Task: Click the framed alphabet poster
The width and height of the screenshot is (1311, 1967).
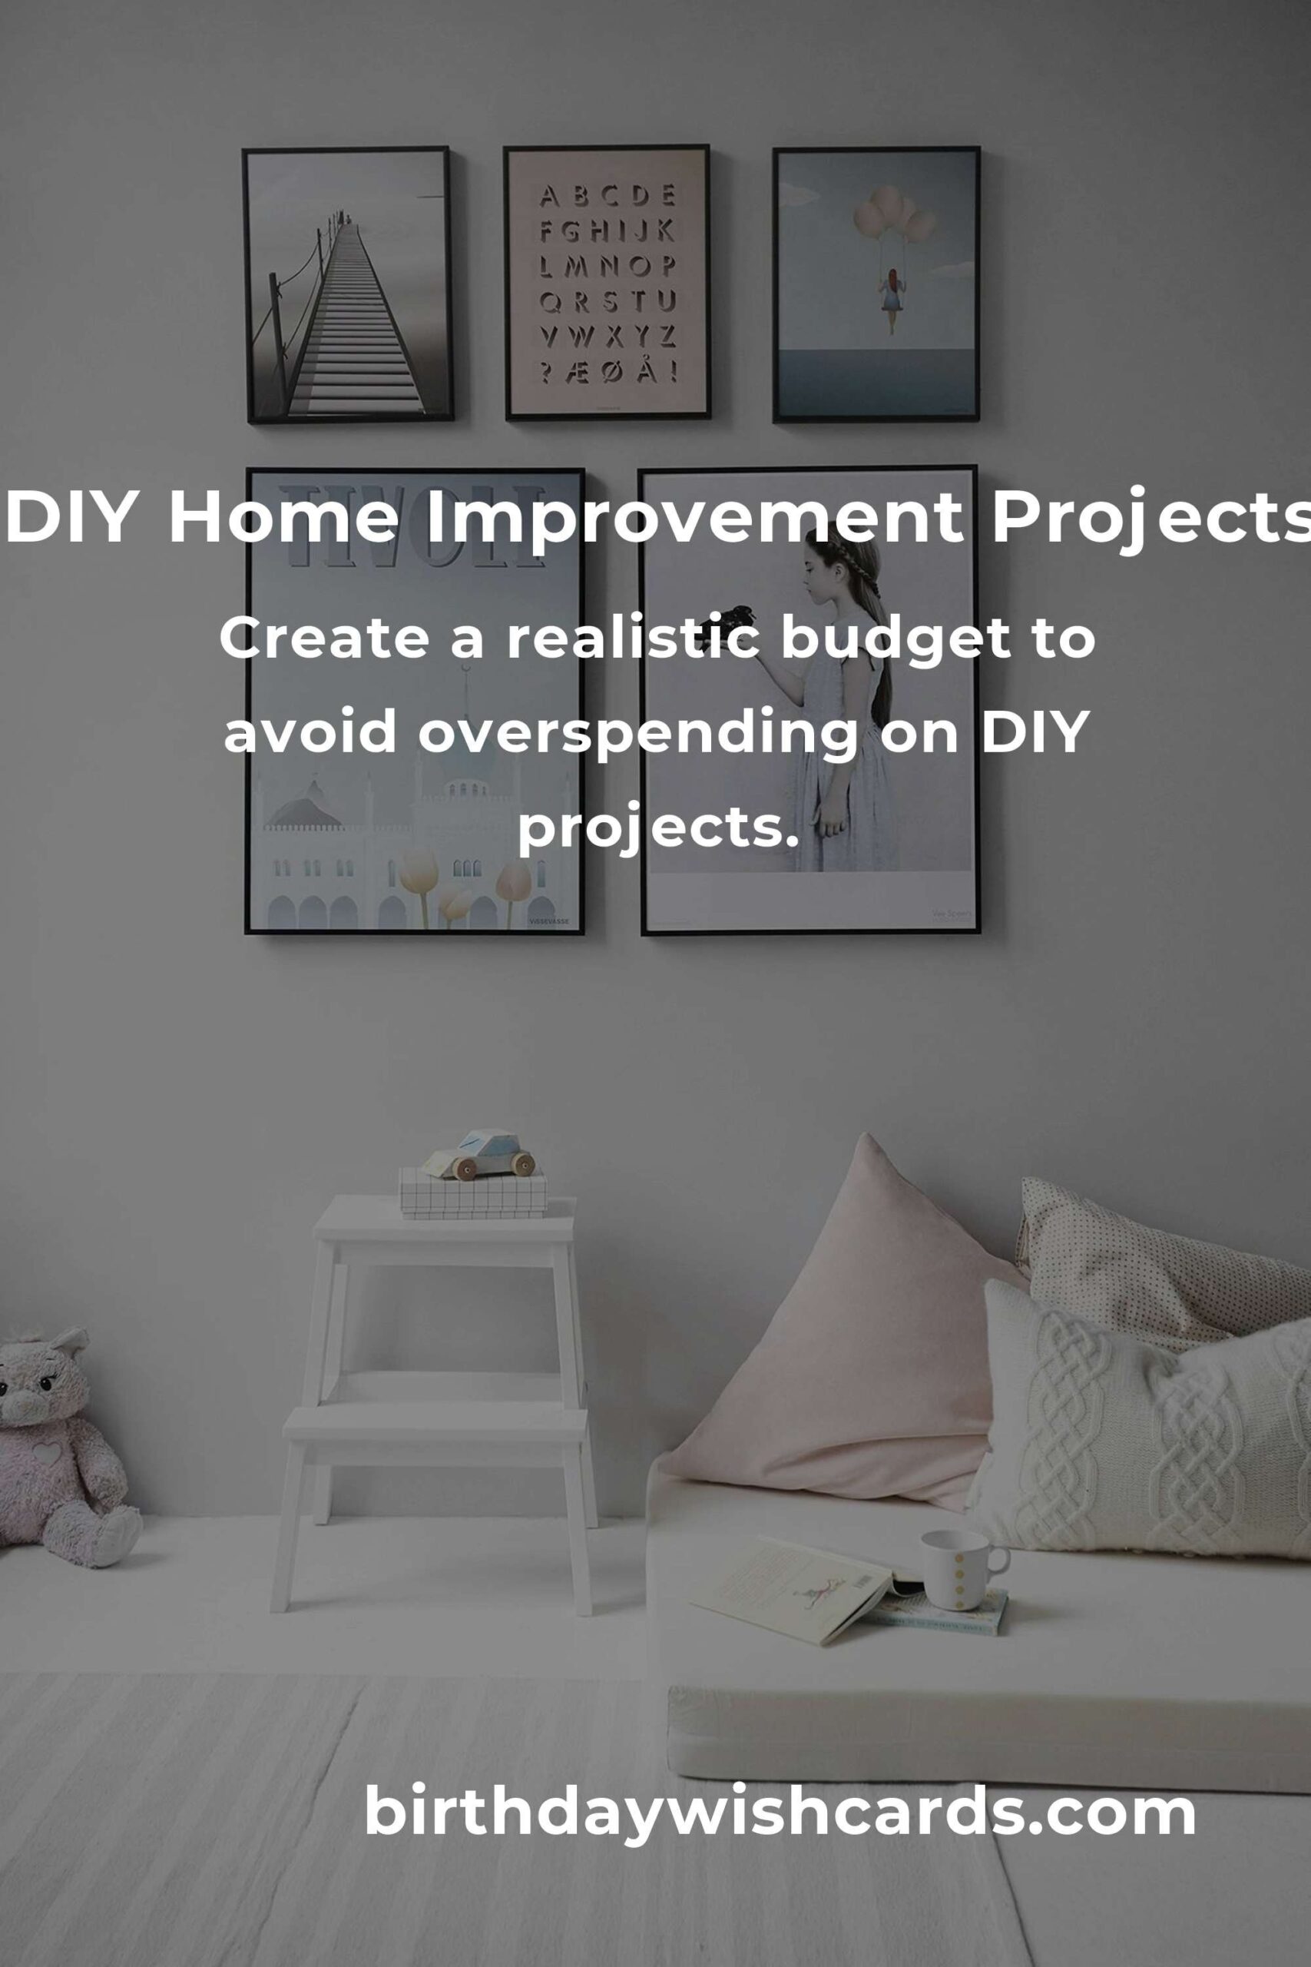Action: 607,282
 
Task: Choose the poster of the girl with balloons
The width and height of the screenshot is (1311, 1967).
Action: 876,284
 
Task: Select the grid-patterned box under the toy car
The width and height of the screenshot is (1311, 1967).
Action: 473,1192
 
